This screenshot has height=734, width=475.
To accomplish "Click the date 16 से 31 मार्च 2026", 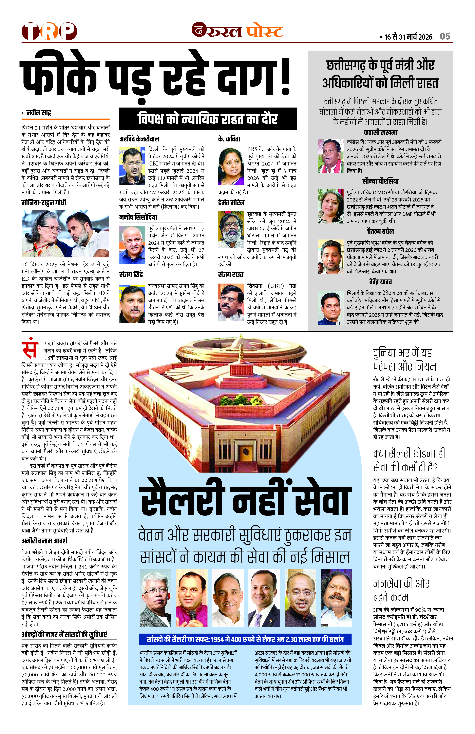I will coord(408,37).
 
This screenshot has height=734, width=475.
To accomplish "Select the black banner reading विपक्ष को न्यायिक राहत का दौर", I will coord(208,119).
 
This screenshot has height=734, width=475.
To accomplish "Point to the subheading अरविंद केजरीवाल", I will coord(139,139).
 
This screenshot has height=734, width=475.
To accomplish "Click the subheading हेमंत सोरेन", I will coord(231,203).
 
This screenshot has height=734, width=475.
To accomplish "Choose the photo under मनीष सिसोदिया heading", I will coord(132,245).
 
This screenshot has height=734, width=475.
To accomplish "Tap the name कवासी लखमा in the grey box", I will coord(380,133).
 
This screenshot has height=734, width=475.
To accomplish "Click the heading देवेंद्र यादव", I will coord(380,282).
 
